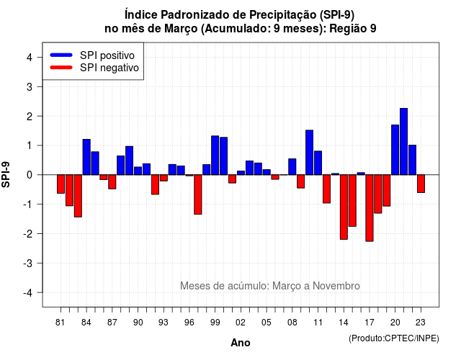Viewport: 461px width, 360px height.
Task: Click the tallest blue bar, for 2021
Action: point(403,141)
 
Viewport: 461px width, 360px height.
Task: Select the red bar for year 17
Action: point(370,208)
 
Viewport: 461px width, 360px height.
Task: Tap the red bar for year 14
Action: point(344,207)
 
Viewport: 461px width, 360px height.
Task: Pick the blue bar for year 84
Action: point(86,157)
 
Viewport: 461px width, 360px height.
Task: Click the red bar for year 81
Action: point(61,184)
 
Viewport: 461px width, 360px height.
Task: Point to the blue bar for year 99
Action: point(215,156)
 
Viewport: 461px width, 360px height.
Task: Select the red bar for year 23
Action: point(421,184)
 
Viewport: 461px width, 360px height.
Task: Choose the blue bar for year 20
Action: point(395,150)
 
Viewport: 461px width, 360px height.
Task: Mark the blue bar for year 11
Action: point(318,163)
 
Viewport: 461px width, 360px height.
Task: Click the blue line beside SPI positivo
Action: point(61,55)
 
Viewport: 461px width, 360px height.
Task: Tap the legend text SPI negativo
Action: point(109,68)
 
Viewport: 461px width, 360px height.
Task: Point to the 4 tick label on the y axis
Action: point(30,58)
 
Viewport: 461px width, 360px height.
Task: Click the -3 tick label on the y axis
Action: point(28,264)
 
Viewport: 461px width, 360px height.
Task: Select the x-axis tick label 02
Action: point(241,323)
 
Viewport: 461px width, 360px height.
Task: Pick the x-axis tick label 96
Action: point(189,323)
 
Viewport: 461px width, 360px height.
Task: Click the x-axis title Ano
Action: point(241,343)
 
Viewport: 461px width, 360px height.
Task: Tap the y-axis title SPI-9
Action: point(6,174)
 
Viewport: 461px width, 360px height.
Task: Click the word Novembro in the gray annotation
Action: point(336,286)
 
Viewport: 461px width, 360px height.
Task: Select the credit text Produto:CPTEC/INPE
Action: point(394,338)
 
